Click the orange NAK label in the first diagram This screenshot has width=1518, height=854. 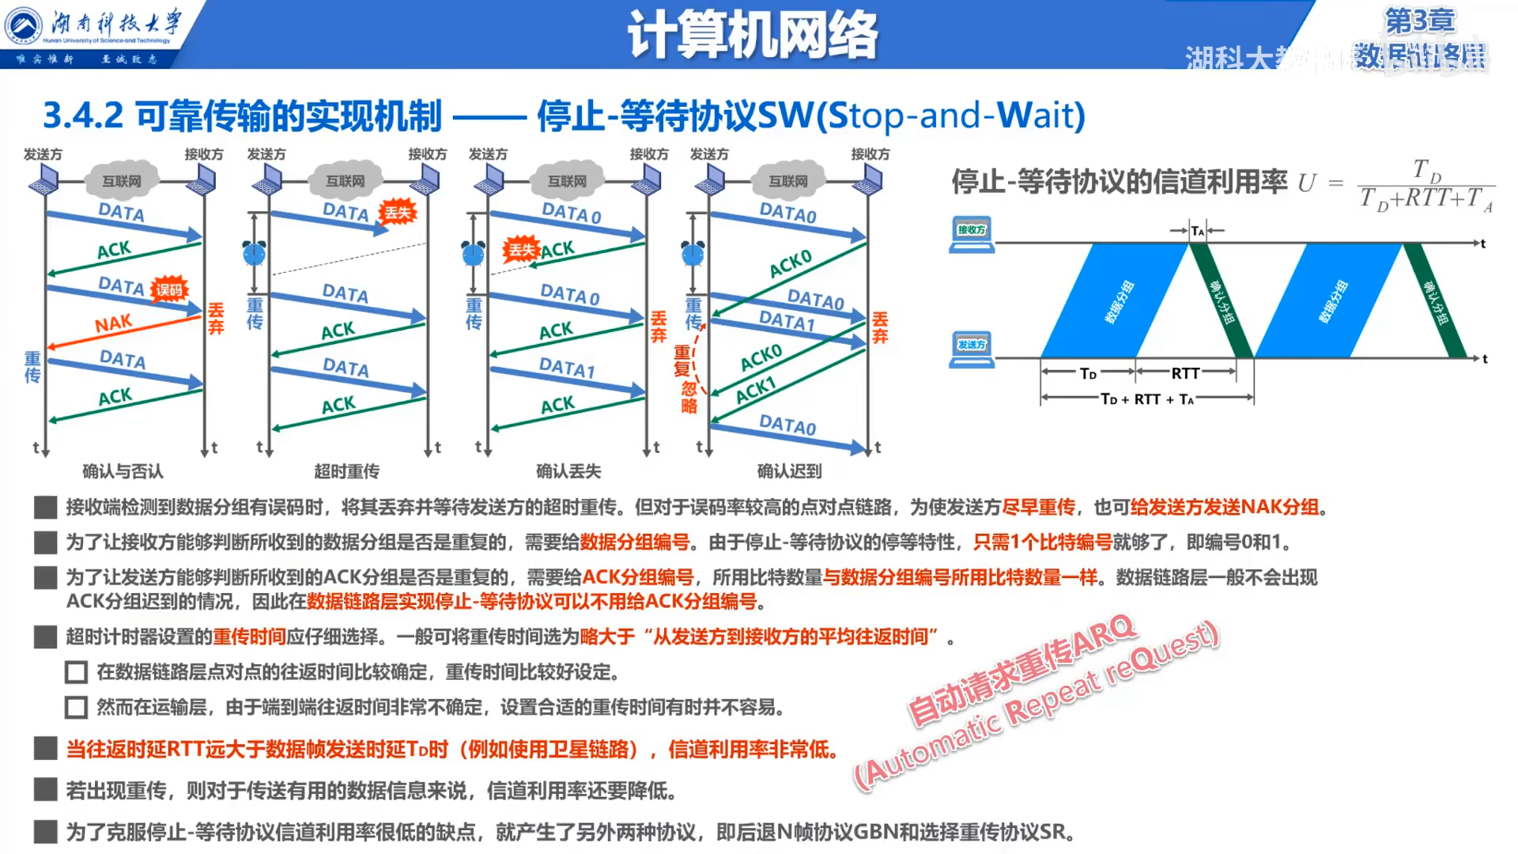(x=113, y=323)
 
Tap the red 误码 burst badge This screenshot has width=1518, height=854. (x=168, y=289)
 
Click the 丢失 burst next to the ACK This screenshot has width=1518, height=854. (x=521, y=250)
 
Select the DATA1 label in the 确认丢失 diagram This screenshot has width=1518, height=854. (x=566, y=368)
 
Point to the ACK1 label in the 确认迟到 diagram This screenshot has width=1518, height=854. (x=756, y=389)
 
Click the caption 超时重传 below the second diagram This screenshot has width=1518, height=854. (x=346, y=471)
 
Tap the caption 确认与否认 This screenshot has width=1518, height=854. (x=123, y=471)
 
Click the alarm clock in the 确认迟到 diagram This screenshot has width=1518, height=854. (x=693, y=253)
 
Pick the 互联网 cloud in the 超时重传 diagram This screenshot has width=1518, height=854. (x=346, y=181)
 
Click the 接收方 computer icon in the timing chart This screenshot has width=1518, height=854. (x=972, y=234)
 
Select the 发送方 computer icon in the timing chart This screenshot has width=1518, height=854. (x=972, y=349)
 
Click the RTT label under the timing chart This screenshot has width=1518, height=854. (x=1184, y=373)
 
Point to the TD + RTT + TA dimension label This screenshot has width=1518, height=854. (x=1147, y=399)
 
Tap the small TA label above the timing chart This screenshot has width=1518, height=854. (x=1198, y=231)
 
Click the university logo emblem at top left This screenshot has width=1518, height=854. (x=24, y=25)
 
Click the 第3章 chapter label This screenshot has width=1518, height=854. (x=1419, y=21)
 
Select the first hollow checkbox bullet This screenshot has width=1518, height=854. (x=76, y=672)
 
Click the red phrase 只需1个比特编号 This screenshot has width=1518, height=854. (x=1042, y=542)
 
